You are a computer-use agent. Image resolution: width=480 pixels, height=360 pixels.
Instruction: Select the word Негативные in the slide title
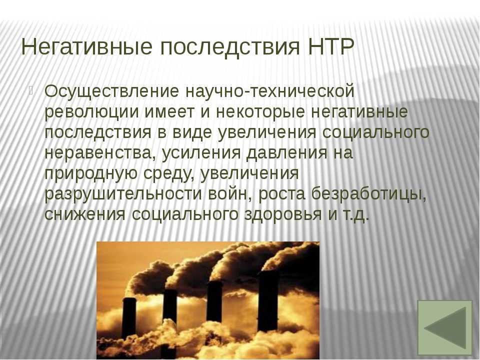[x=86, y=46]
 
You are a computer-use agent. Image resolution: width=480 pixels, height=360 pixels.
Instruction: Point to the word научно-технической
[x=269, y=91]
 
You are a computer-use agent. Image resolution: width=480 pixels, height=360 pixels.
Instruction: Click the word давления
[x=286, y=153]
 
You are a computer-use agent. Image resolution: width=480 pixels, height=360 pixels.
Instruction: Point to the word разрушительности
[x=123, y=194]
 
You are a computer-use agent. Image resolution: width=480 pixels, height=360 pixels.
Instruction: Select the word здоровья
[x=283, y=215]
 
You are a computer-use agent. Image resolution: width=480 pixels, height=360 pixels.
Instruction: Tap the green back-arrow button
[x=444, y=327]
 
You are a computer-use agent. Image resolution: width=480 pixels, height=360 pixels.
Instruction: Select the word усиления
[x=201, y=153]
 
